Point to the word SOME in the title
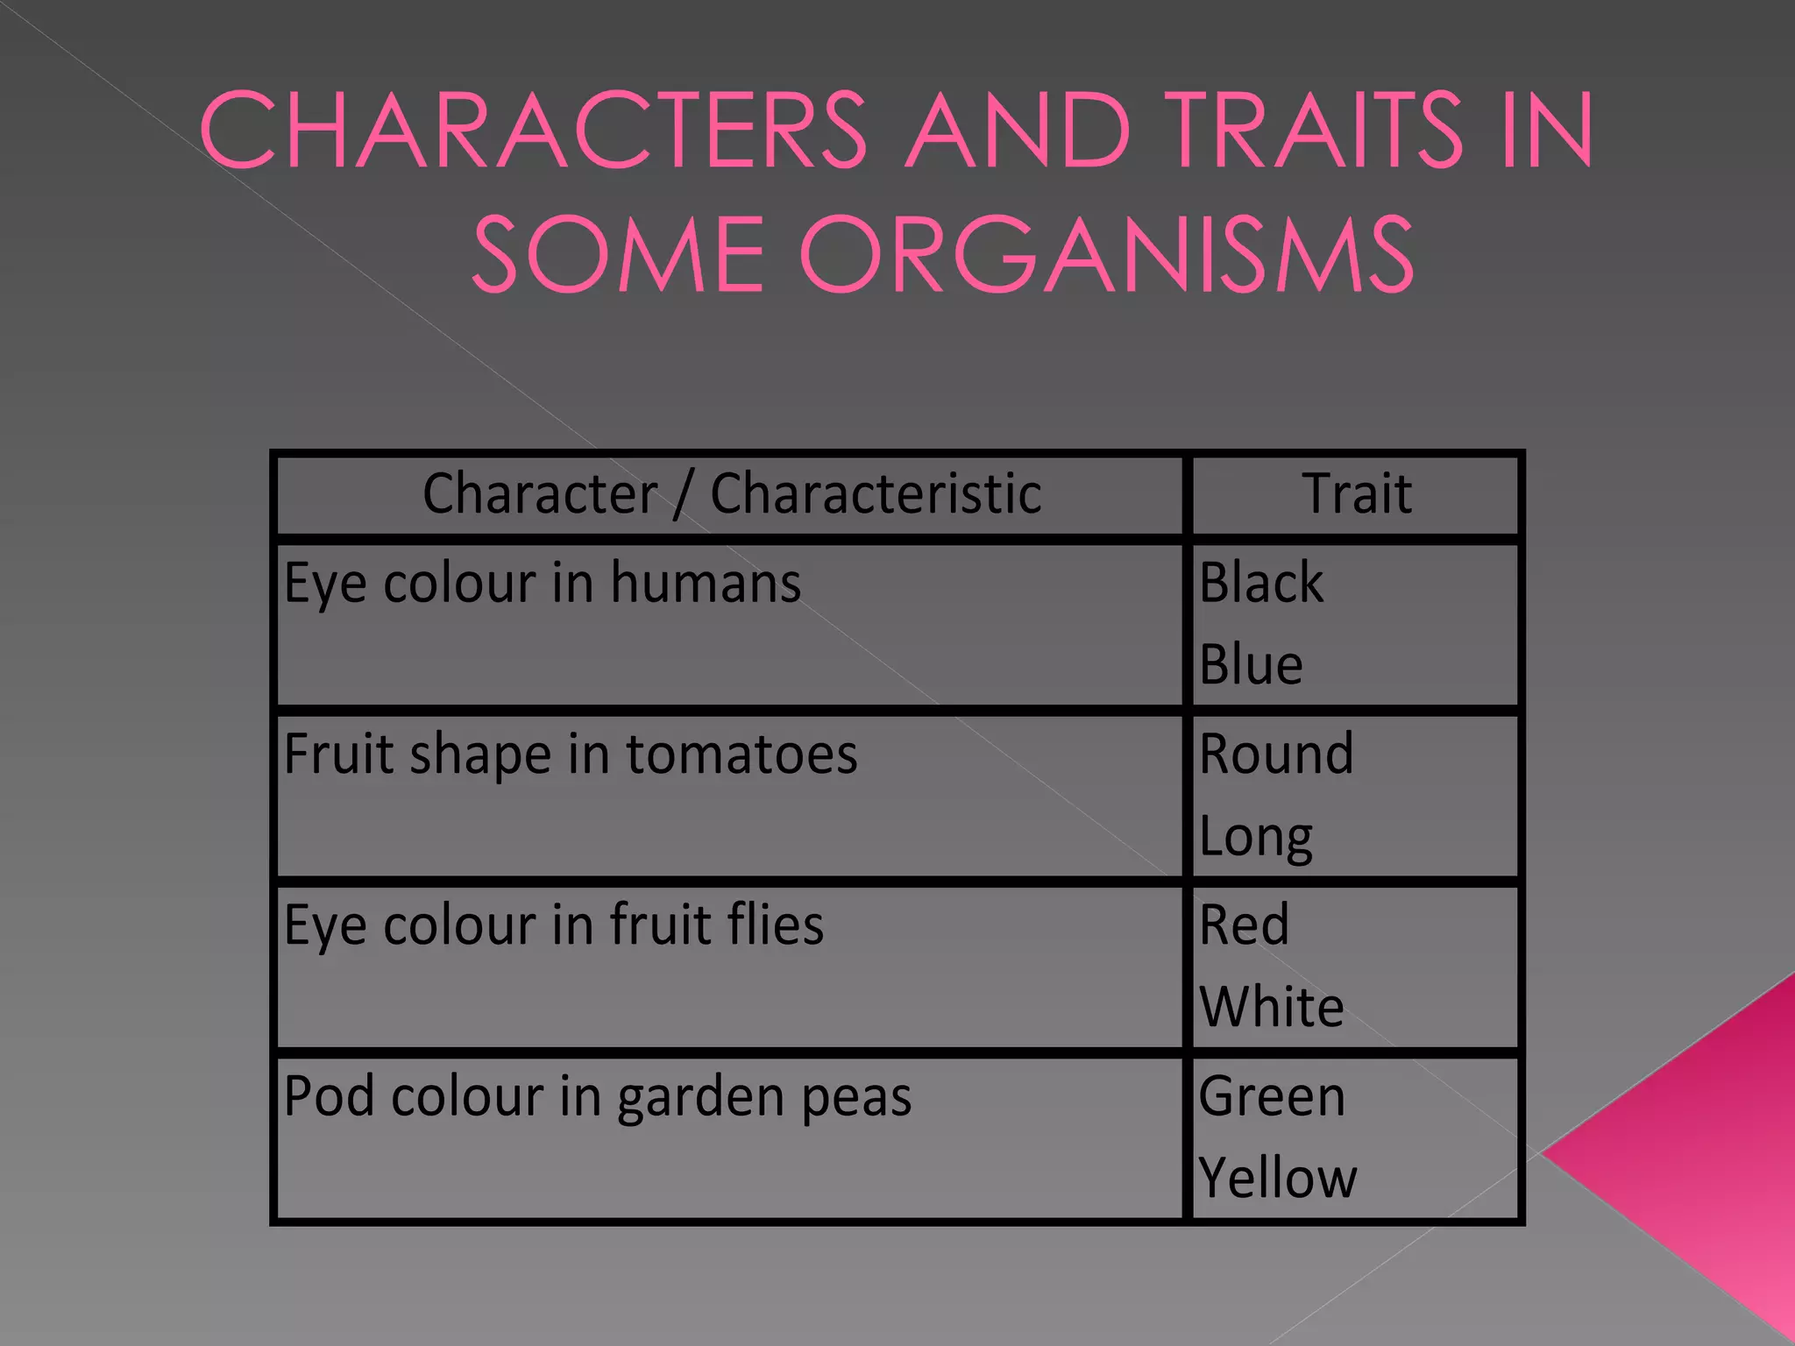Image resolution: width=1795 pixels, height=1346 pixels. pyautogui.click(x=619, y=256)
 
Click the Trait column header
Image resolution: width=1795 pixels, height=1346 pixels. pyautogui.click(x=1357, y=493)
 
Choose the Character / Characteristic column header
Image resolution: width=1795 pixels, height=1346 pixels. pyautogui.click(x=731, y=493)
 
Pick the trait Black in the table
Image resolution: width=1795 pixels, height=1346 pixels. pyautogui.click(x=1261, y=582)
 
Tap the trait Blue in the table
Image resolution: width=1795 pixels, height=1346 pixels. pyautogui.click(x=1251, y=664)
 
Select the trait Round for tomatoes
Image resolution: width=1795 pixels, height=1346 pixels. pyautogui.click(x=1276, y=753)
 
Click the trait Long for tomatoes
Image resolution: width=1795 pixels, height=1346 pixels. pyautogui.click(x=1255, y=837)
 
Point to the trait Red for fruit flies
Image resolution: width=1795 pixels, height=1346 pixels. pyautogui.click(x=1244, y=924)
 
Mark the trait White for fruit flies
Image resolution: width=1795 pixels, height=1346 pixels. pyautogui.click(x=1271, y=1007)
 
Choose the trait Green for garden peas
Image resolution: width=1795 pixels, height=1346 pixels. pyautogui.click(x=1272, y=1096)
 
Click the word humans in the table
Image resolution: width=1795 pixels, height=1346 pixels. pyautogui.click(x=706, y=583)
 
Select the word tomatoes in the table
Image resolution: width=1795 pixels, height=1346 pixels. pyautogui.click(x=741, y=754)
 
